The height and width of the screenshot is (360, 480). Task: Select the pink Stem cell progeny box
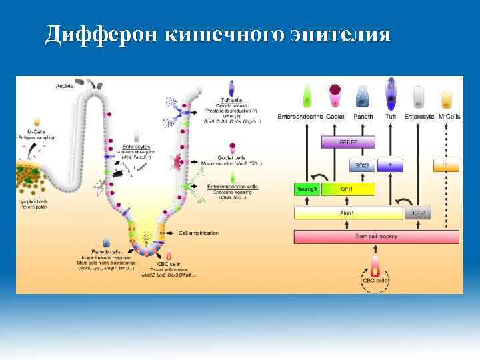click(377, 237)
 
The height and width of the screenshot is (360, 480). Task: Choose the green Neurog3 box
click(307, 189)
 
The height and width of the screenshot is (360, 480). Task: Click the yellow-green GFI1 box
click(347, 189)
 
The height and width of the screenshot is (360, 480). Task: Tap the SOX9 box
click(363, 165)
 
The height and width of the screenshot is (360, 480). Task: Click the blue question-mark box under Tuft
click(391, 165)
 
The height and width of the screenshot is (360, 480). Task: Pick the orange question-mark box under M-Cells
click(446, 165)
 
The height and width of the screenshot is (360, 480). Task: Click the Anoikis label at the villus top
click(65, 85)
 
